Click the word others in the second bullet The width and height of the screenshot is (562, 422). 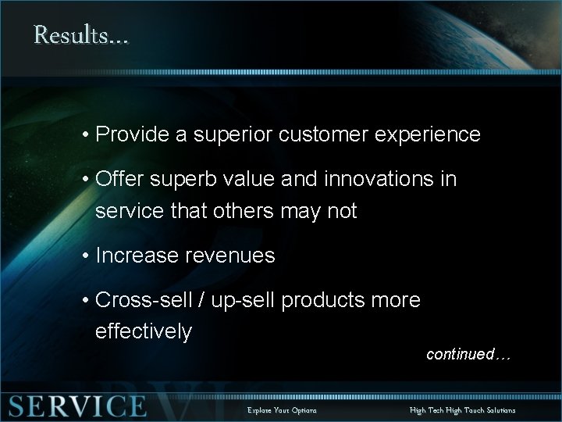tap(247, 210)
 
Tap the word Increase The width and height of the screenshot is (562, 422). tap(133, 256)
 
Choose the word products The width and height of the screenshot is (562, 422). tap(328, 301)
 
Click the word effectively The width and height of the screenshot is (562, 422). tap(143, 331)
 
